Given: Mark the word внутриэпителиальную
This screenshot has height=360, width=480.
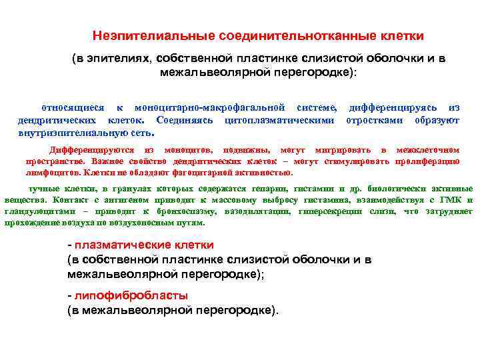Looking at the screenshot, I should (x=74, y=133).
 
